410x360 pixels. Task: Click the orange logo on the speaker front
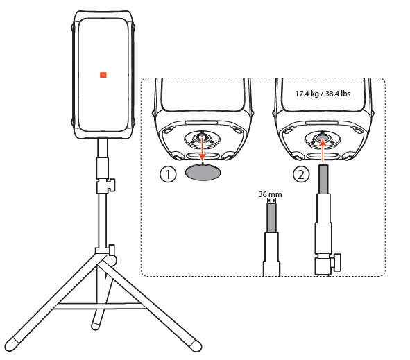pyautogui.click(x=103, y=74)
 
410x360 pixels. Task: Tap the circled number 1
pyautogui.click(x=168, y=175)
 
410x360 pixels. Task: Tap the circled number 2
pyautogui.click(x=300, y=175)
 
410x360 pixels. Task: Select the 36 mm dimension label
pyautogui.click(x=267, y=196)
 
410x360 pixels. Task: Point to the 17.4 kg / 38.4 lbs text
pyautogui.click(x=323, y=92)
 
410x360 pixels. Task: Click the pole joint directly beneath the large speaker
pyautogui.click(x=103, y=142)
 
